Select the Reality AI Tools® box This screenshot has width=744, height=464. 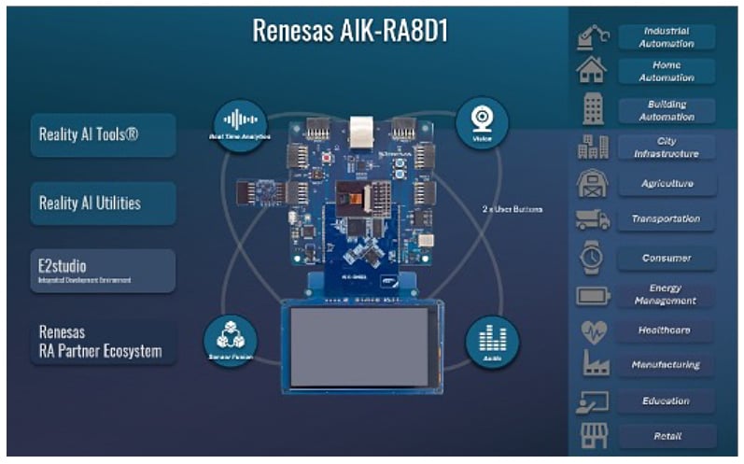pyautogui.click(x=103, y=134)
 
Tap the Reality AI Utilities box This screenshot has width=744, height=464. pyautogui.click(x=103, y=203)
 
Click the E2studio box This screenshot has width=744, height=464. pyautogui.click(x=103, y=271)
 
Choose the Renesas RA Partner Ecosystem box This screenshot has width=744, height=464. pyautogui.click(x=103, y=342)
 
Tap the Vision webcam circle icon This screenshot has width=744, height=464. pyautogui.click(x=482, y=121)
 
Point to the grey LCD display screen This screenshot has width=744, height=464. pyautogui.click(x=358, y=346)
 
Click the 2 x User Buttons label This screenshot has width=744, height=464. pyautogui.click(x=512, y=209)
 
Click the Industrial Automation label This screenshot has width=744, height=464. pyautogui.click(x=667, y=37)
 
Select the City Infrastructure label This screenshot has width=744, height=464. pyautogui.click(x=667, y=148)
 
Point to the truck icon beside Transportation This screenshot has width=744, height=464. pyautogui.click(x=593, y=220)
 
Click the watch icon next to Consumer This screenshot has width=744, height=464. pyautogui.click(x=593, y=257)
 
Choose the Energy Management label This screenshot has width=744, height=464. pyautogui.click(x=667, y=295)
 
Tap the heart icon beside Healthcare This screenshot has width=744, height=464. pyautogui.click(x=593, y=330)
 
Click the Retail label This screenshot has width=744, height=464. pyautogui.click(x=667, y=436)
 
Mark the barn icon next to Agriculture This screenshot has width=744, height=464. pyautogui.click(x=593, y=184)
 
